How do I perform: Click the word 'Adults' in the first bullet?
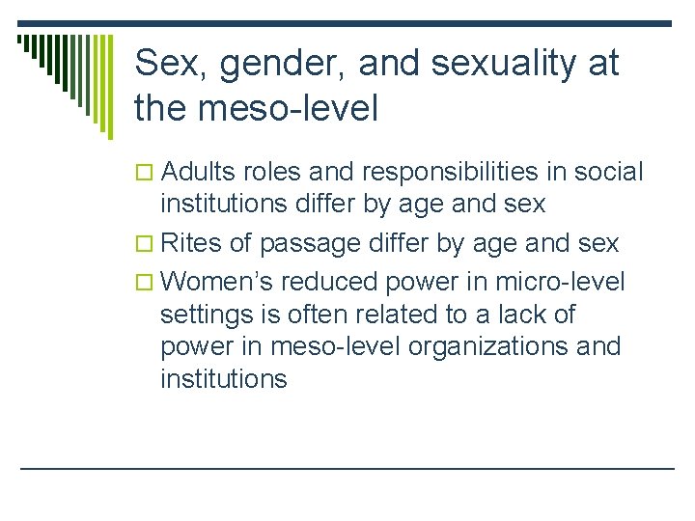coord(200,172)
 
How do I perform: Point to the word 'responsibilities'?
coord(449,172)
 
